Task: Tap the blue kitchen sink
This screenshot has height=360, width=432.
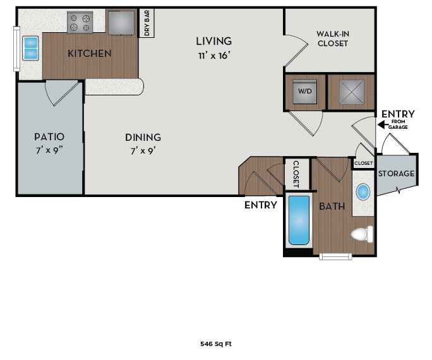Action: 30,48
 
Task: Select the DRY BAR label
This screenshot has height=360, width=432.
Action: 147,23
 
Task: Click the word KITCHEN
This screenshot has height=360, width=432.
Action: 89,54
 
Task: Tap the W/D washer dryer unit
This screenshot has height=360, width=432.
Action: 305,92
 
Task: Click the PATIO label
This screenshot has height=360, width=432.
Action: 49,136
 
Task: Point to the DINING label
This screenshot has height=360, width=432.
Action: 143,137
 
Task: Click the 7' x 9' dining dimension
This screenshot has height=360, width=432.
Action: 143,151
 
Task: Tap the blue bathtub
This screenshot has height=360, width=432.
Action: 299,220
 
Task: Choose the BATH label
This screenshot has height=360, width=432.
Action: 331,207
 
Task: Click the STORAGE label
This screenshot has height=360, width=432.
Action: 396,174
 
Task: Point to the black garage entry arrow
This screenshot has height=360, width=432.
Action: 381,125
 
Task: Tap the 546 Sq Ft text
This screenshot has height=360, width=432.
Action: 216,344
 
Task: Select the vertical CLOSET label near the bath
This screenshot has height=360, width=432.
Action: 296,174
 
